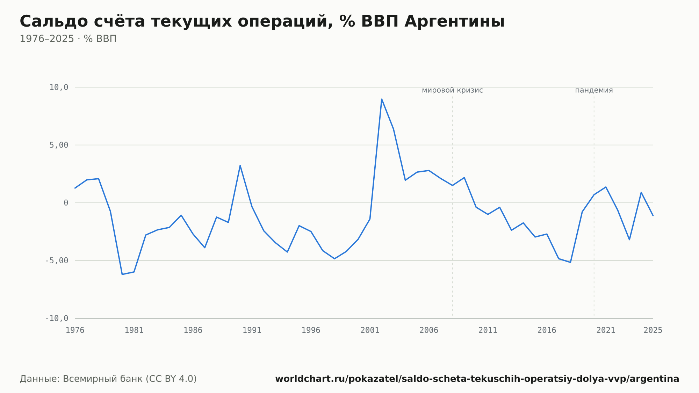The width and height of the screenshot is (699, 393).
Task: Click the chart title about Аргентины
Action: [x=262, y=22]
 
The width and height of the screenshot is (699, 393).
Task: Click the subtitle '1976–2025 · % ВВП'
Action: [x=68, y=39]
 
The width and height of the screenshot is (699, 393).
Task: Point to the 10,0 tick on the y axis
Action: [x=59, y=87]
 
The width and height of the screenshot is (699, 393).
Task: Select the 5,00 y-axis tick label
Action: [x=59, y=145]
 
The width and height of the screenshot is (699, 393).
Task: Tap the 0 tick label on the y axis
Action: [x=66, y=203]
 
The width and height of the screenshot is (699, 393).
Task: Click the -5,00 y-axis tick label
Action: [x=57, y=260]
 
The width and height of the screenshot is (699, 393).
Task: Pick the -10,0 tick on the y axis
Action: [x=57, y=318]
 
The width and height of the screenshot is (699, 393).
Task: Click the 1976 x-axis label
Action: [x=75, y=330]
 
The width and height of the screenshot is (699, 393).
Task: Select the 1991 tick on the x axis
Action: [x=252, y=330]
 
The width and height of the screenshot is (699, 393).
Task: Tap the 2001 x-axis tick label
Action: [x=370, y=330]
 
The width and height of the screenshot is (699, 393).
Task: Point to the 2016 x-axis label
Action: [x=547, y=330]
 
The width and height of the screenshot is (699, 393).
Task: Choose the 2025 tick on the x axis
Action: [x=653, y=330]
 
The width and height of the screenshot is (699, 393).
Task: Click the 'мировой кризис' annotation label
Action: [x=452, y=90]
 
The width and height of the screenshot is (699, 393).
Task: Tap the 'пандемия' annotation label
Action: [x=594, y=90]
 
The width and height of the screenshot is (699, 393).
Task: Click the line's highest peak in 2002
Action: [x=382, y=99]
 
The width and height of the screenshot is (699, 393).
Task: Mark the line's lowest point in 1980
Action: [x=122, y=274]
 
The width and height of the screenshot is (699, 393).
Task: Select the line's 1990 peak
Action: [x=240, y=165]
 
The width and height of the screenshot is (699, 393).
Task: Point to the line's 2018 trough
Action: [x=570, y=262]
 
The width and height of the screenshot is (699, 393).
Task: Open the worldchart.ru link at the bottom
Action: [x=477, y=379]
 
